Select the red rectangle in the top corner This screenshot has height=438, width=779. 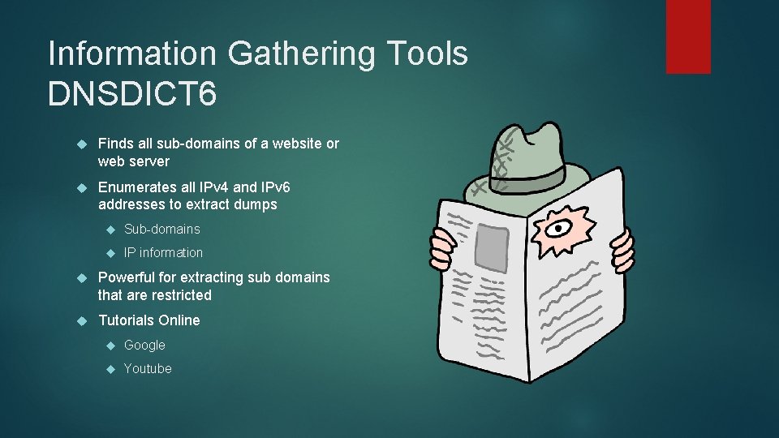coord(688,36)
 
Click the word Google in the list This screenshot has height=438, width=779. coord(144,345)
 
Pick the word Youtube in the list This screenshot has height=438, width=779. coord(148,368)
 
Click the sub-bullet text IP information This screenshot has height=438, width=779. coord(163,252)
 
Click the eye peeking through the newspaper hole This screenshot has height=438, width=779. coord(557,228)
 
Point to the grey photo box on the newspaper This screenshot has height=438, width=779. coord(492,247)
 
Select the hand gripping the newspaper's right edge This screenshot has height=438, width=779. coord(623,247)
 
